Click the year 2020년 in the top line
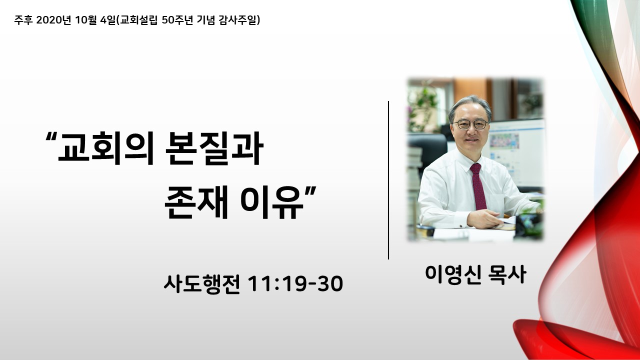53,20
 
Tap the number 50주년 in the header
177,20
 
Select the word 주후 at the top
23,20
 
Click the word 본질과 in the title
214,148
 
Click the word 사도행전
201,284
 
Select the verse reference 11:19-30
295,284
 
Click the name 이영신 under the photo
453,275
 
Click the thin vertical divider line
388,180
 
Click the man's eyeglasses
470,124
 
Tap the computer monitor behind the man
515,153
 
